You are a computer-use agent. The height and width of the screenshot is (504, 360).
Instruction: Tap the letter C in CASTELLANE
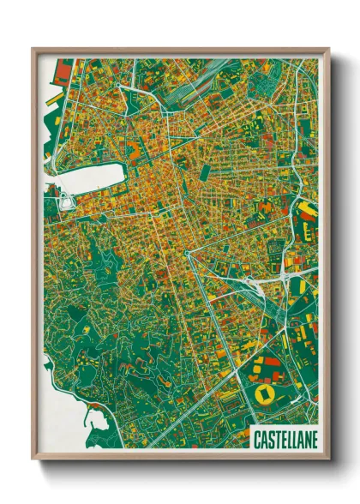[257, 440]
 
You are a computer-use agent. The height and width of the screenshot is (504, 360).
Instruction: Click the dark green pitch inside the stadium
[262, 394]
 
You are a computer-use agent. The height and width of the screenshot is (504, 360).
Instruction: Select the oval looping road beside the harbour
[65, 203]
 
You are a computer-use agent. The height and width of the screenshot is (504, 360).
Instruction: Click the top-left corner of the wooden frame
[33, 49]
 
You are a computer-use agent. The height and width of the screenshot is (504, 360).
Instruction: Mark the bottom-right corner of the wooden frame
[329, 459]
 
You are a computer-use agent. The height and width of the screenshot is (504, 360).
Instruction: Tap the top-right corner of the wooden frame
[329, 49]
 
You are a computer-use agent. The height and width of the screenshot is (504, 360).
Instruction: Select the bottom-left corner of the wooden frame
[33, 459]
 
